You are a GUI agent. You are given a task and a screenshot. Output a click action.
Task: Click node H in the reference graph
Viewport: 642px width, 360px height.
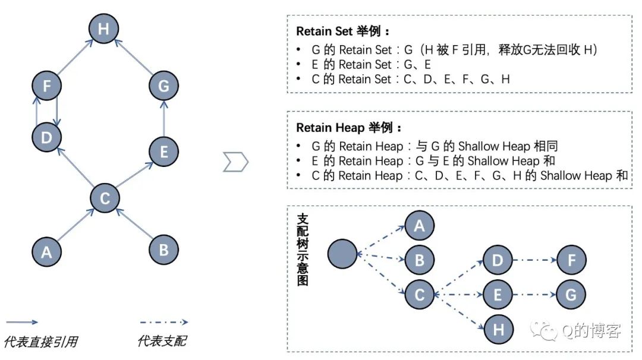point(104,29)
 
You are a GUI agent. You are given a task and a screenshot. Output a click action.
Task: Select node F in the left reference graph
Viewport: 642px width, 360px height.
point(46,86)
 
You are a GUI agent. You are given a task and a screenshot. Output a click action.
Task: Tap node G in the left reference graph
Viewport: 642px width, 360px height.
point(163,86)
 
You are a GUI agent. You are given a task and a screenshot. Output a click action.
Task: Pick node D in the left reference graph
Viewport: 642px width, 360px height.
point(46,137)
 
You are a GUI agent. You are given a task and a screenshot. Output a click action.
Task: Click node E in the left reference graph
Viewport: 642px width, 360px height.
point(163,151)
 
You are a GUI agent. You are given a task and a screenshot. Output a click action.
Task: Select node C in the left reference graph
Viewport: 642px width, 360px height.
point(105,198)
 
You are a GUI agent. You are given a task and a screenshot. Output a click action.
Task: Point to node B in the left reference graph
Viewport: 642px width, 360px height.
point(163,250)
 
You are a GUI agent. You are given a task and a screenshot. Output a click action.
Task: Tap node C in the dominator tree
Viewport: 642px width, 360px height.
point(420,295)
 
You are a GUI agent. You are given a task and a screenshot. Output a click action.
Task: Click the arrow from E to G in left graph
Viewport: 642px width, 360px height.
point(164,118)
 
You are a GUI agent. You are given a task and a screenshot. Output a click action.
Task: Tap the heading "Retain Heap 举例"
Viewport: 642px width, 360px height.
point(348,128)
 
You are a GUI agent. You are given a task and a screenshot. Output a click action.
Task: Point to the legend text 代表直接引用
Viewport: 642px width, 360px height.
point(40,342)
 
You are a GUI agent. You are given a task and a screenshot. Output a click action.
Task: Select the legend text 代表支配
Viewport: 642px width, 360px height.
point(161,341)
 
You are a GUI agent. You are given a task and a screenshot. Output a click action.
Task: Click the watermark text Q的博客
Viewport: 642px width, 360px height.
point(591,331)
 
